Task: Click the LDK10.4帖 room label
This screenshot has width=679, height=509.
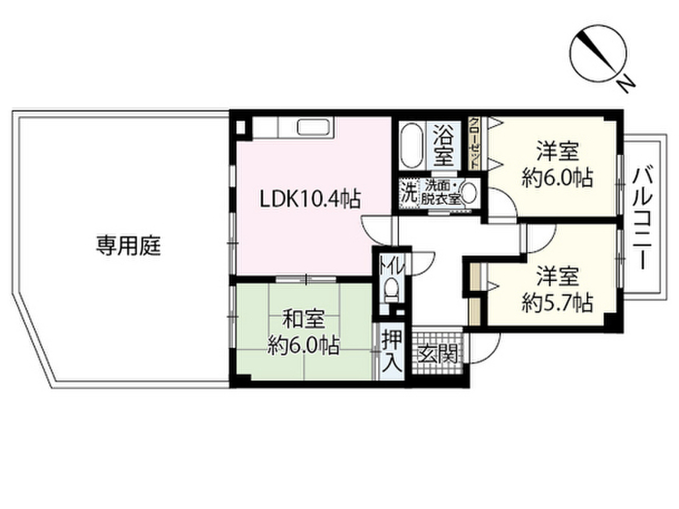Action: (310, 197)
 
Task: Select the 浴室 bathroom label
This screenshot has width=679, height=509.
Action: (444, 146)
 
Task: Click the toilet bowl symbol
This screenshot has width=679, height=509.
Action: (392, 289)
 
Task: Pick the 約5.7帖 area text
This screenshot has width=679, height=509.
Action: (557, 303)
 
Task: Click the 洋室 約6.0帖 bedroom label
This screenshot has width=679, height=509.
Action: (557, 164)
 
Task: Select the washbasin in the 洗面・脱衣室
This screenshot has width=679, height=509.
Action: (469, 193)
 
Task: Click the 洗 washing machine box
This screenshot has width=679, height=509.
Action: (410, 193)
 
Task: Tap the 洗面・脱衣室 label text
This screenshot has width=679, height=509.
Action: (442, 192)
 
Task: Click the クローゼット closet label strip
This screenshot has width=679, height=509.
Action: (475, 142)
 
